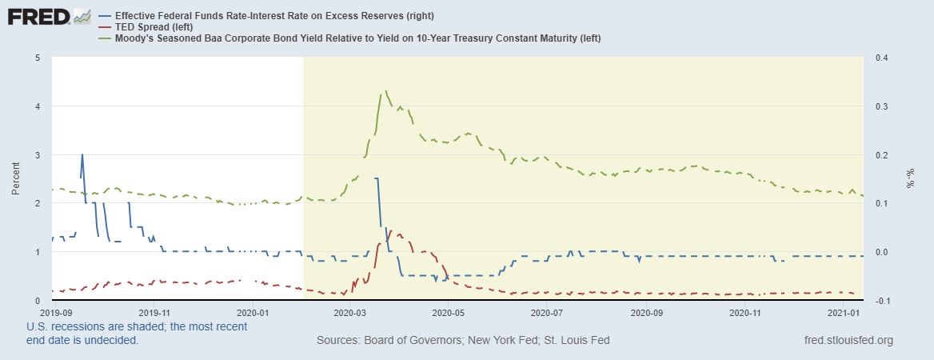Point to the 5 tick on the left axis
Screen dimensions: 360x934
[x=38, y=58]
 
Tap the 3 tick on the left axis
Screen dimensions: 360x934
[x=38, y=154]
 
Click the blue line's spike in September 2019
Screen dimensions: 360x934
[x=82, y=155]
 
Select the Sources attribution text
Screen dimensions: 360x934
[x=463, y=340]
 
